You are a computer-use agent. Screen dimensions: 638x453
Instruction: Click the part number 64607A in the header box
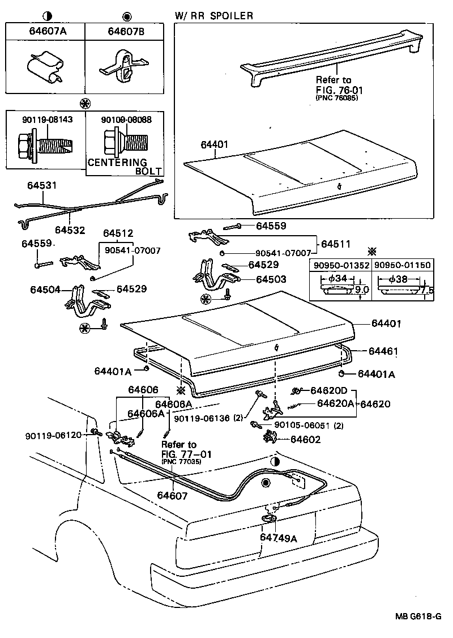(x=48, y=32)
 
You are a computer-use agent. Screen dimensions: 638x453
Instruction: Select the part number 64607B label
(x=126, y=32)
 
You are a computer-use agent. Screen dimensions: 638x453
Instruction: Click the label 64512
(x=118, y=233)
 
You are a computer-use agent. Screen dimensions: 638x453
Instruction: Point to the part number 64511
(x=336, y=244)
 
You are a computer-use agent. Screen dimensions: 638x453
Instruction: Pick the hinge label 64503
(x=271, y=279)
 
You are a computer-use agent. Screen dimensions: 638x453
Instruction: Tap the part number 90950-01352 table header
(x=339, y=265)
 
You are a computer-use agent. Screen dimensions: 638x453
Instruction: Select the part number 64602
(x=306, y=439)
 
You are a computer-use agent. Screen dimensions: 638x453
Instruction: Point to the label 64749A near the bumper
(x=278, y=538)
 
